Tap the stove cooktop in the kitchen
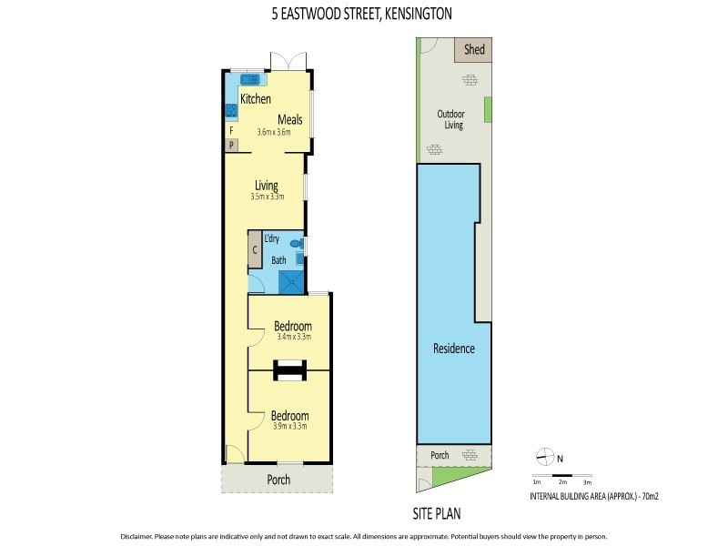coord(231,111)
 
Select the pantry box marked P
coord(231,145)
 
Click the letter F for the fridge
coord(231,130)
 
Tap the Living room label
coord(267,186)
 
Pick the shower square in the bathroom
coord(292,282)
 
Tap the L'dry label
coord(271,239)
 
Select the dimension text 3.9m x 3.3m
coord(290,425)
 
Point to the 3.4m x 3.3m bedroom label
coord(294,337)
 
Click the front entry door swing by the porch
coord(234,454)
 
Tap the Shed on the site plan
coord(474,49)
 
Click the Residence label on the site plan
coord(453,349)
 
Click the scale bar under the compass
coord(561,476)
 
